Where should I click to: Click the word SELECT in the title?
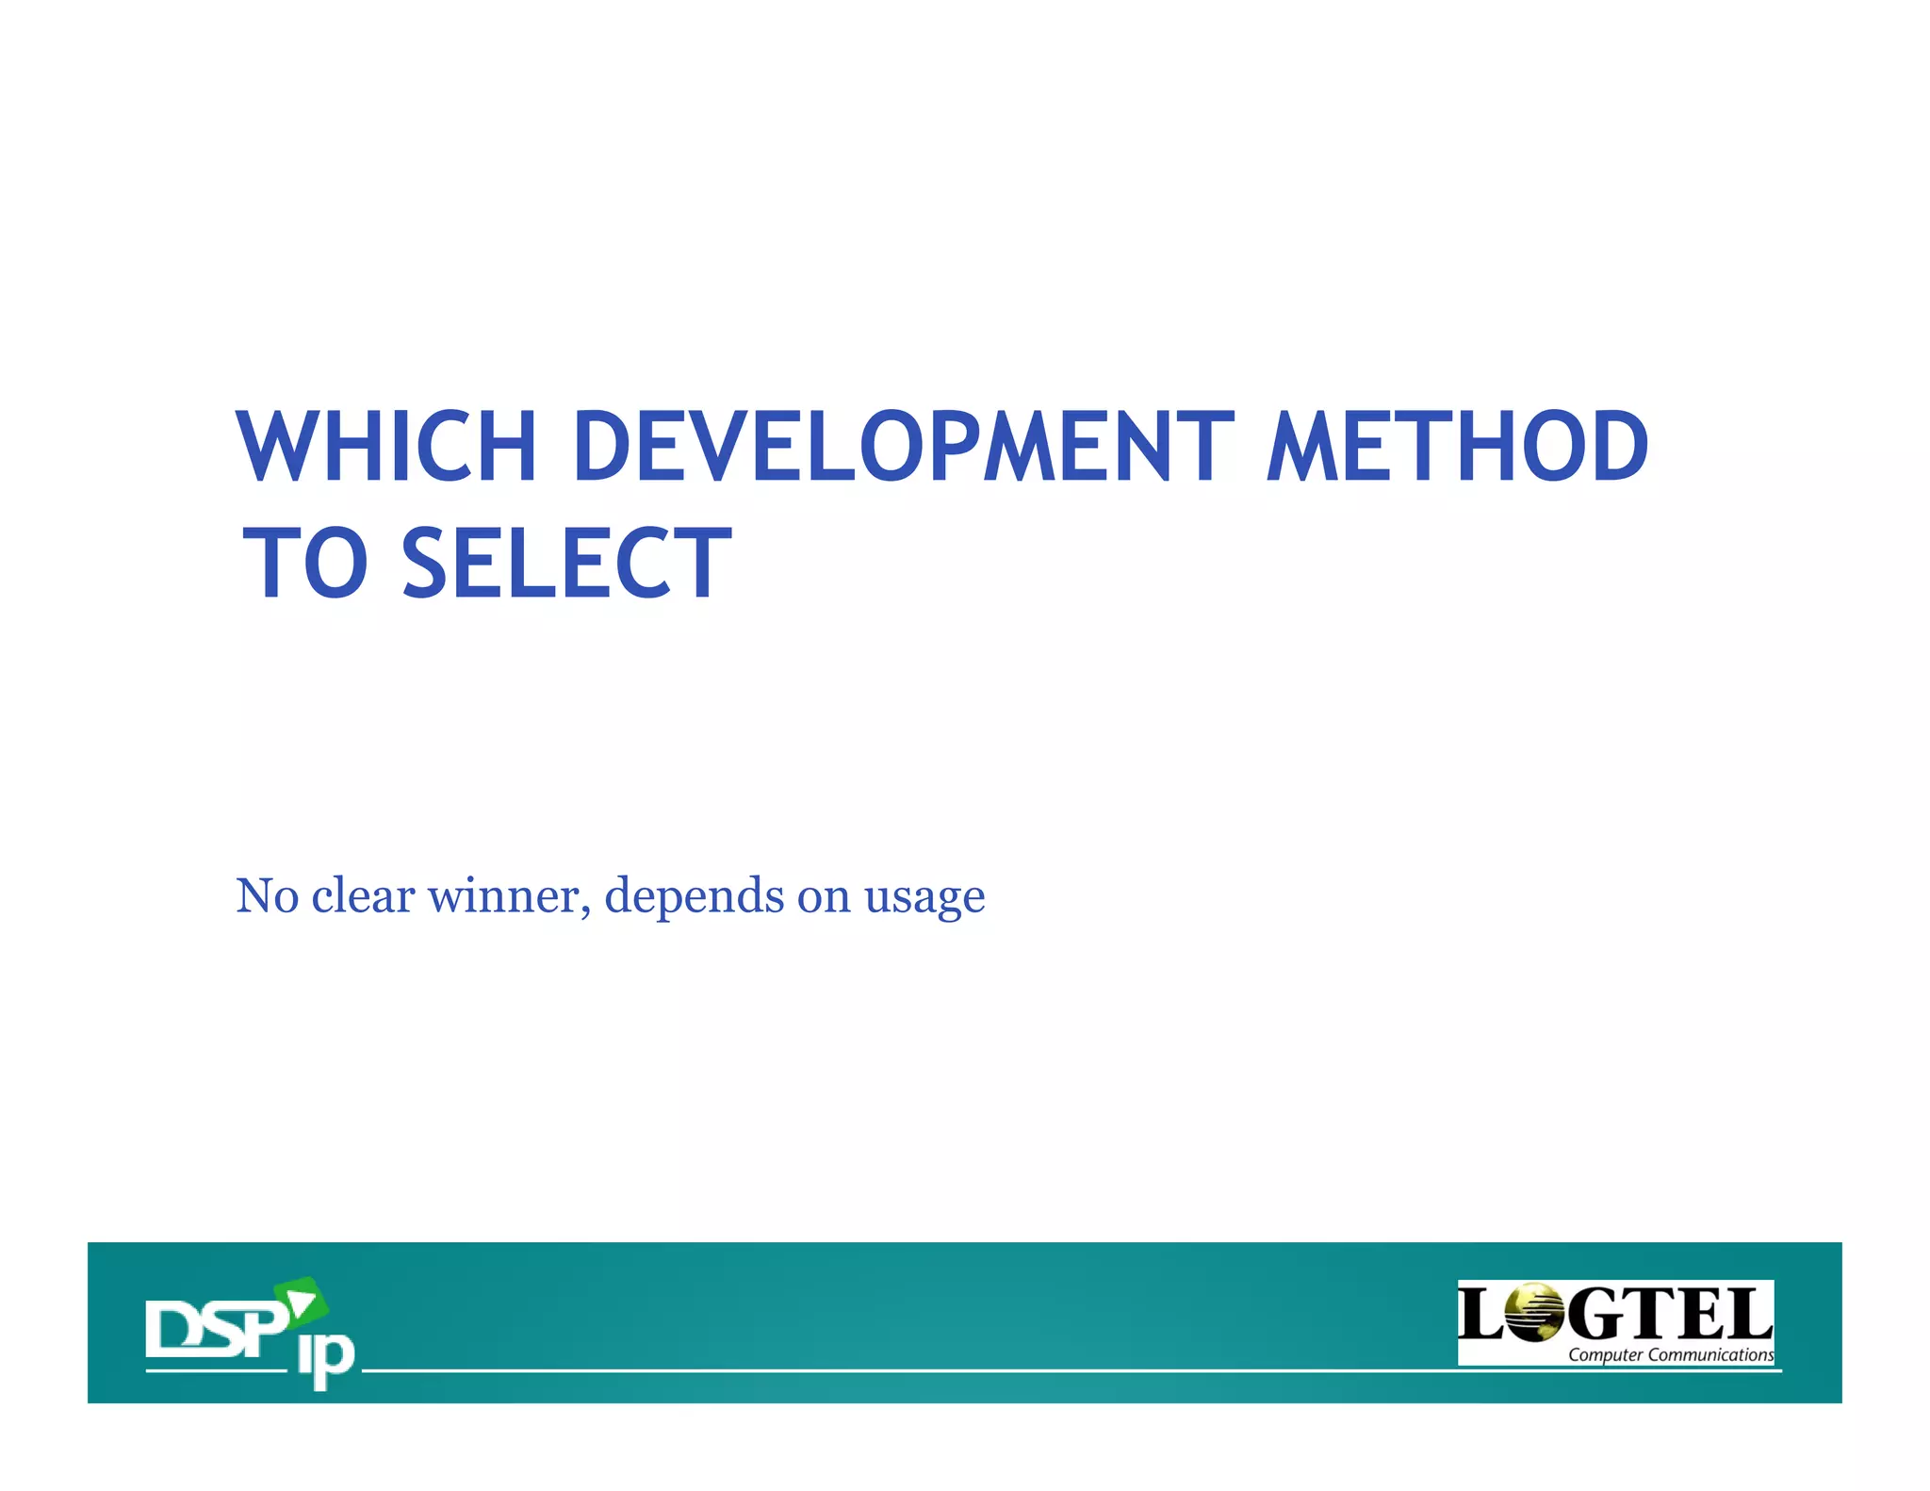point(566,564)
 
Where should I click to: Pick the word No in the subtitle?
point(267,896)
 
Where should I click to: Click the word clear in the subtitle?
point(363,896)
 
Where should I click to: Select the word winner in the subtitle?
point(503,896)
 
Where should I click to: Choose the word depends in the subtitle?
point(694,896)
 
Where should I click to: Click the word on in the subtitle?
point(824,896)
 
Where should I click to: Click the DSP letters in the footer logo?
point(215,1329)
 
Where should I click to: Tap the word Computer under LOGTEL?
point(1605,1355)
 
